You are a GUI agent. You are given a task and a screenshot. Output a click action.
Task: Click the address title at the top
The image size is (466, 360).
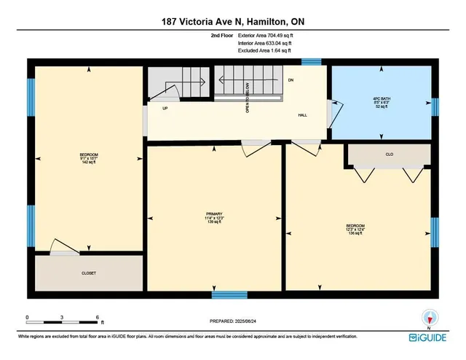233,22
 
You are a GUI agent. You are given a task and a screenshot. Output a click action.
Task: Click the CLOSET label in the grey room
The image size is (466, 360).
88,273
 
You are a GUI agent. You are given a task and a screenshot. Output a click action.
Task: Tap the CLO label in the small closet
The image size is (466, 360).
389,154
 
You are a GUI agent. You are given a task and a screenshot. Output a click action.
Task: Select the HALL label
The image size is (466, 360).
303,116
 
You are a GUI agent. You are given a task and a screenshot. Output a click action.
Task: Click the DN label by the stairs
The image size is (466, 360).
291,79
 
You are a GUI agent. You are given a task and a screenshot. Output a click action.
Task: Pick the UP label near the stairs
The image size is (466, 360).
165,108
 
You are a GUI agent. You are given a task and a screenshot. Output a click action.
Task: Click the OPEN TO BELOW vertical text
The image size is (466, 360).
248,98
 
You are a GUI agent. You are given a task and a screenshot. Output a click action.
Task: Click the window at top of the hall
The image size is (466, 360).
312,62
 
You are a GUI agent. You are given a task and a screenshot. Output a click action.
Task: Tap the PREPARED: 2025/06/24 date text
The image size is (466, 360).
233,321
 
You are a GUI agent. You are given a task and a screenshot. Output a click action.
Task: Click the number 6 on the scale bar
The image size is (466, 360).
98,317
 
